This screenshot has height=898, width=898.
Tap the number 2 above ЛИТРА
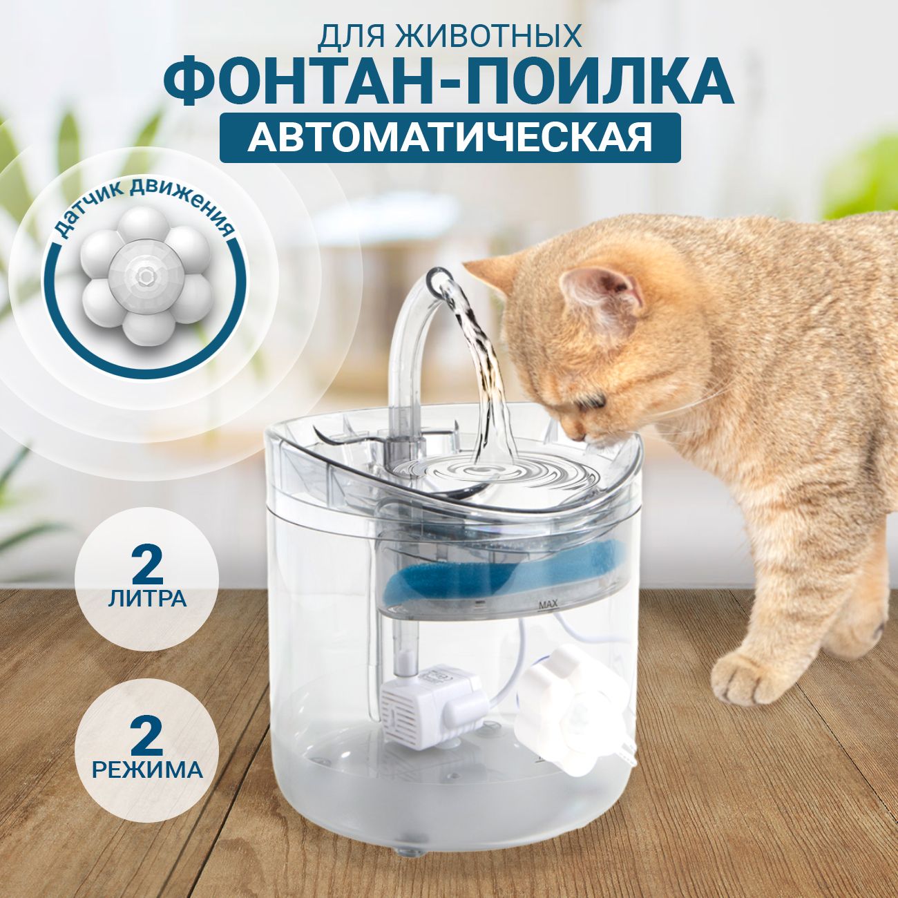148,564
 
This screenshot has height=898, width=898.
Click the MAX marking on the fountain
548,606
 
